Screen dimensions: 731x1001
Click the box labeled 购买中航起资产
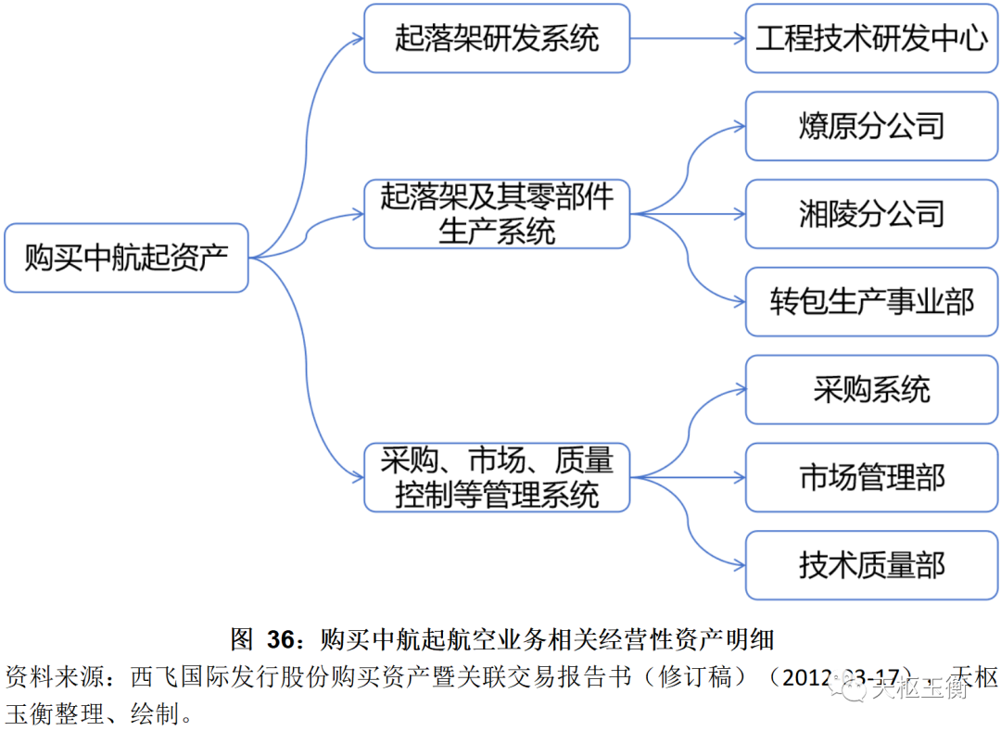pyautogui.click(x=126, y=258)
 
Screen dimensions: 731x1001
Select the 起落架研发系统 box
pyautogui.click(x=497, y=38)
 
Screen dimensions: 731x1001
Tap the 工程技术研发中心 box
pyautogui.click(x=871, y=38)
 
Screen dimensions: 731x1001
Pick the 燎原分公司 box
pyautogui.click(x=871, y=126)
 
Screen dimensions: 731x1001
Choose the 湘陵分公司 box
pyautogui.click(x=871, y=214)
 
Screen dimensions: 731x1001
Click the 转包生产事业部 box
pyautogui.click(x=871, y=302)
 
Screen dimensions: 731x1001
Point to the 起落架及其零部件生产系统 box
pyautogui.click(x=497, y=214)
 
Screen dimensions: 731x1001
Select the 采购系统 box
pyautogui.click(x=871, y=389)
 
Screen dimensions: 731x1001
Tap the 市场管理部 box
pyautogui.click(x=871, y=477)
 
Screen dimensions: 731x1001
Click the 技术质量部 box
pyautogui.click(x=871, y=565)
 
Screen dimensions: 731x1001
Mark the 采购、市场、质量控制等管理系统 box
pyautogui.click(x=497, y=477)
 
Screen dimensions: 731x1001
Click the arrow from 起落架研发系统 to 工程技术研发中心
pyautogui.click(x=686, y=38)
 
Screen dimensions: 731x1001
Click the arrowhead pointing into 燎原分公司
pyautogui.click(x=739, y=127)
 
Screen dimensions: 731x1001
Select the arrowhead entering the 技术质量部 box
pyautogui.click(x=739, y=565)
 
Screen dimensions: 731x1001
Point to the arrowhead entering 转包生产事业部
pyautogui.click(x=739, y=302)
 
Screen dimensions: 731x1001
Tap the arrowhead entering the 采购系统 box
pyautogui.click(x=739, y=389)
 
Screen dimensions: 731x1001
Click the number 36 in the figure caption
pyautogui.click(x=279, y=639)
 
